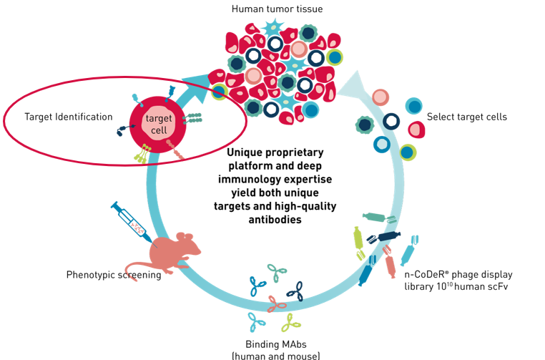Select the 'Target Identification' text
[x=69, y=116]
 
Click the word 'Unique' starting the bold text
[x=244, y=152]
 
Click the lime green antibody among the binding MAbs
[x=291, y=323]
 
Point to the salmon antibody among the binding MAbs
[x=272, y=303]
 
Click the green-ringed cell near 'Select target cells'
[x=408, y=152]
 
